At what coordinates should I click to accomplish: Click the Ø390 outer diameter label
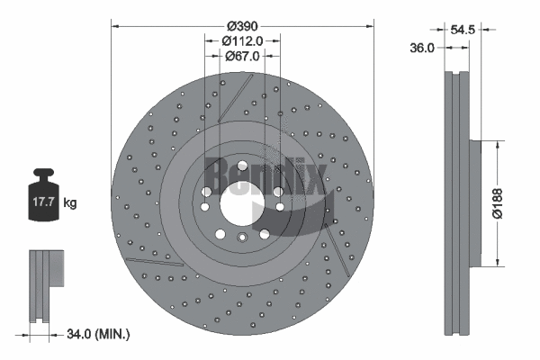[x=241, y=23]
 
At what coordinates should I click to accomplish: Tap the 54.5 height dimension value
[x=463, y=30]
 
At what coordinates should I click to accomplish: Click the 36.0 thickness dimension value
[x=422, y=48]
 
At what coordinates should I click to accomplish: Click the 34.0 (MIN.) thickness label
[x=98, y=334]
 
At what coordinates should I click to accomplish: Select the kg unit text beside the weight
[x=70, y=203]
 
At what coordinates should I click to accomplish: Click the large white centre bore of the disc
[x=241, y=201]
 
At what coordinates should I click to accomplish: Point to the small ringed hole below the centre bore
[x=241, y=238]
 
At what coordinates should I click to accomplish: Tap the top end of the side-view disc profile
[x=456, y=70]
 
